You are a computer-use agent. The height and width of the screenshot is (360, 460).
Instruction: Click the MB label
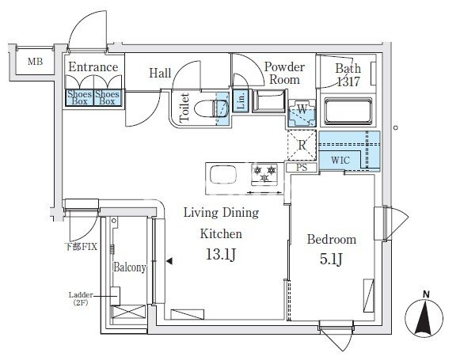coord(35,62)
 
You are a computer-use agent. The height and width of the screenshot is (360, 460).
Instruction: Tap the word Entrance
coord(93,67)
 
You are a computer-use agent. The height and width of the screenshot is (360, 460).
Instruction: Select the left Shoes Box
coord(79,97)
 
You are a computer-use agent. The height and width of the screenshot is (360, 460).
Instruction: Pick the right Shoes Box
coord(107,97)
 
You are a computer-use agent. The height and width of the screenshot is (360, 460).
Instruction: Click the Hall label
coord(160,73)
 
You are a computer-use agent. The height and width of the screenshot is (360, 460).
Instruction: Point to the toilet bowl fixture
coord(211,109)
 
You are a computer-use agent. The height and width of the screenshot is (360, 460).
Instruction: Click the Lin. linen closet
coord(241,100)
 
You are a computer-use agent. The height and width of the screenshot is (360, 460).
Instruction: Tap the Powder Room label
coord(284,74)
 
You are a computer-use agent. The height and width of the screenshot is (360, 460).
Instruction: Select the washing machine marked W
coord(302,113)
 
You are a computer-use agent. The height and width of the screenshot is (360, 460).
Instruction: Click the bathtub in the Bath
coord(348,112)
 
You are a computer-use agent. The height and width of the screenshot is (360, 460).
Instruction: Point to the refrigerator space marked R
coord(302,145)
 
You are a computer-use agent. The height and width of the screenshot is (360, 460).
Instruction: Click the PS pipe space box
coord(302,168)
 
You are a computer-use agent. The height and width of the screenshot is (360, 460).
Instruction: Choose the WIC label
coord(340,161)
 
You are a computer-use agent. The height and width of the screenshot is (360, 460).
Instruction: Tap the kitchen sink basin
coord(223,174)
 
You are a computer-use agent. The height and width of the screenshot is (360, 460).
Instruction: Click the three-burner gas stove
coord(264,174)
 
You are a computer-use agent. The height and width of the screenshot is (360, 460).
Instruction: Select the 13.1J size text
coord(221,254)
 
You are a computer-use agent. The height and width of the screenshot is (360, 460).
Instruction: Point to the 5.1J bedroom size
coord(331,259)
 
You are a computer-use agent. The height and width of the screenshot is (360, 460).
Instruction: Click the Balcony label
coord(129,267)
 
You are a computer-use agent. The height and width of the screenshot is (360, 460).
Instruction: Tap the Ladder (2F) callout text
coord(81,299)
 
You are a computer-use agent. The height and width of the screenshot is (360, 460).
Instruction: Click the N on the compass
coord(427,294)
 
